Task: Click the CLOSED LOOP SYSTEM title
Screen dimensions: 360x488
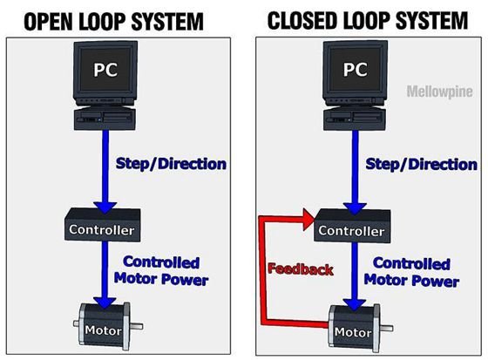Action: (x=367, y=20)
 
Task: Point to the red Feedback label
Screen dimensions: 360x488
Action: (x=300, y=269)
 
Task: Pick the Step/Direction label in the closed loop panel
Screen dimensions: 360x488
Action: (x=421, y=164)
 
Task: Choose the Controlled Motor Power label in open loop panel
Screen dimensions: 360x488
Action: (x=161, y=270)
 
